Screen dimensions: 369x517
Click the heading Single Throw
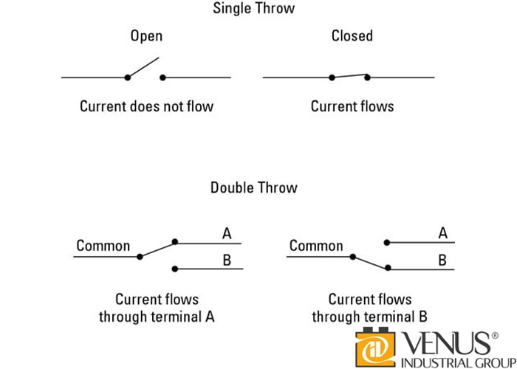click(x=253, y=9)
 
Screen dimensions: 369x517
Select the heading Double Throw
click(x=253, y=187)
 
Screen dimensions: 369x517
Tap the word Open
click(x=146, y=36)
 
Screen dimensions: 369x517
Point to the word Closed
click(x=352, y=36)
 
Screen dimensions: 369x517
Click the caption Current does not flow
click(x=146, y=106)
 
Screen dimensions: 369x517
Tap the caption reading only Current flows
click(x=352, y=106)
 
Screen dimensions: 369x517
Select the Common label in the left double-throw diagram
click(x=103, y=246)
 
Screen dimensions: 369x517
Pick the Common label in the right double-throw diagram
click(x=316, y=246)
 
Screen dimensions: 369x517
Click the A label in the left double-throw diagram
click(x=227, y=234)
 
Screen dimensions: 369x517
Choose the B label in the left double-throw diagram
click(x=227, y=260)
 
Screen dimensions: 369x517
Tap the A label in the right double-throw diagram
click(x=443, y=234)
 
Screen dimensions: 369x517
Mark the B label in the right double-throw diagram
click(x=443, y=260)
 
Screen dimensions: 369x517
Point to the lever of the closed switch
click(x=349, y=76)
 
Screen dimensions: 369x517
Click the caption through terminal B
click(x=369, y=317)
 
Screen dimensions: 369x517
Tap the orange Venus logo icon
click(x=377, y=345)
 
